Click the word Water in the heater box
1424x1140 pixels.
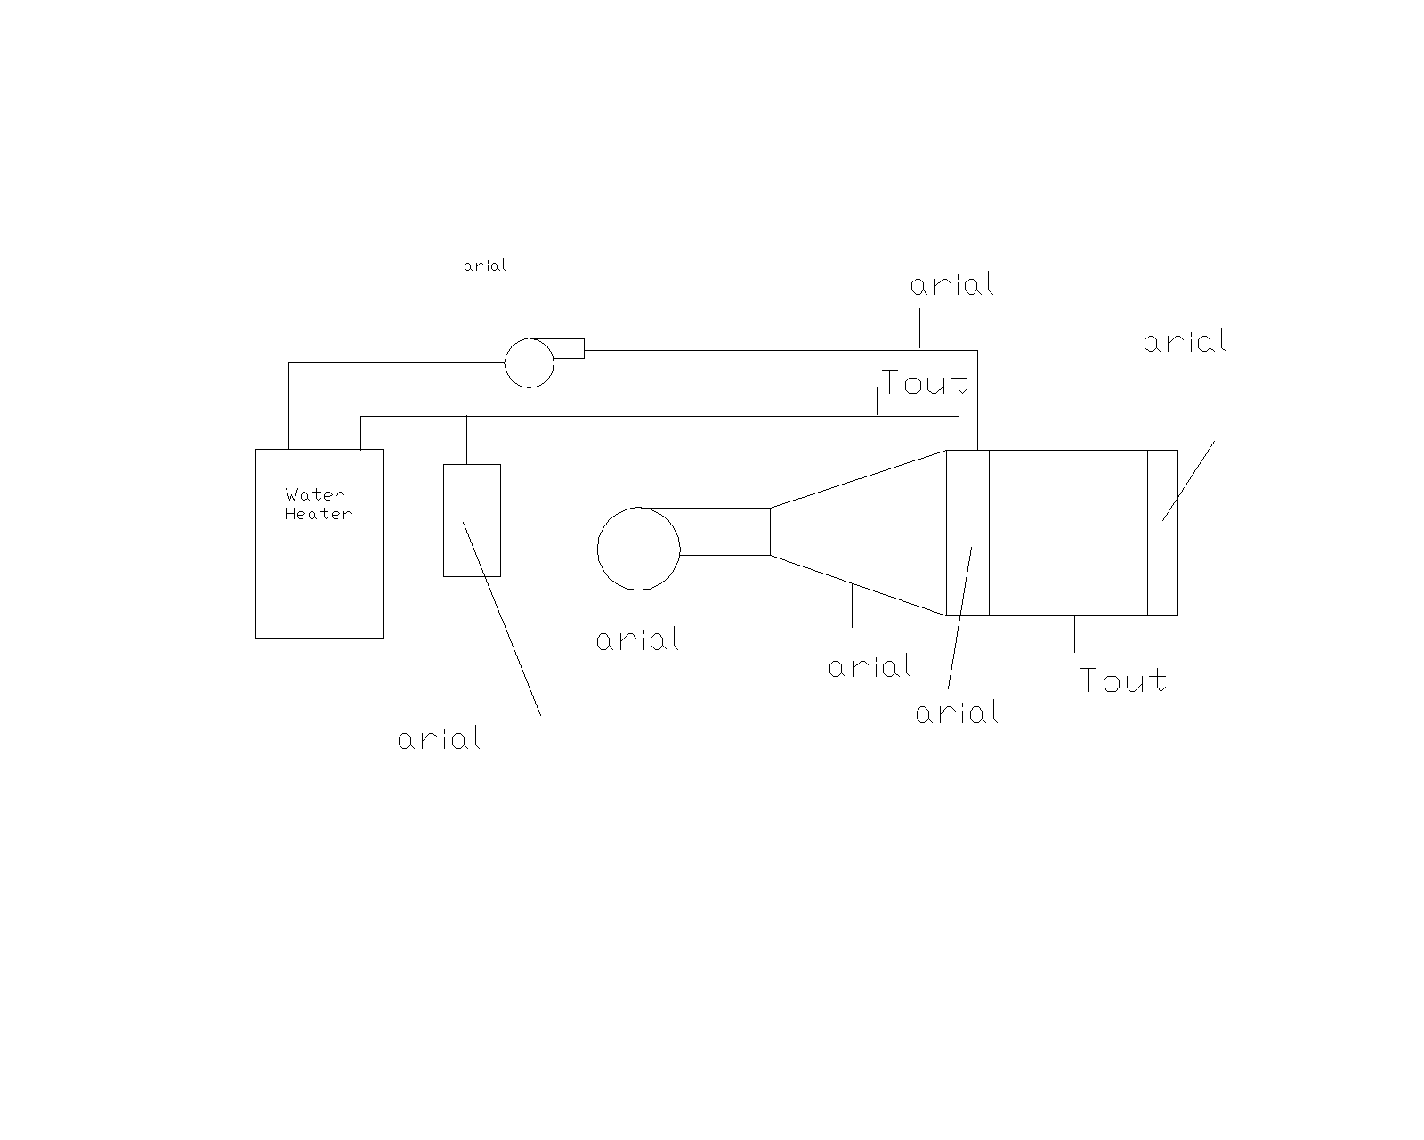click(314, 495)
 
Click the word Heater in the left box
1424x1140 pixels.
click(318, 514)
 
